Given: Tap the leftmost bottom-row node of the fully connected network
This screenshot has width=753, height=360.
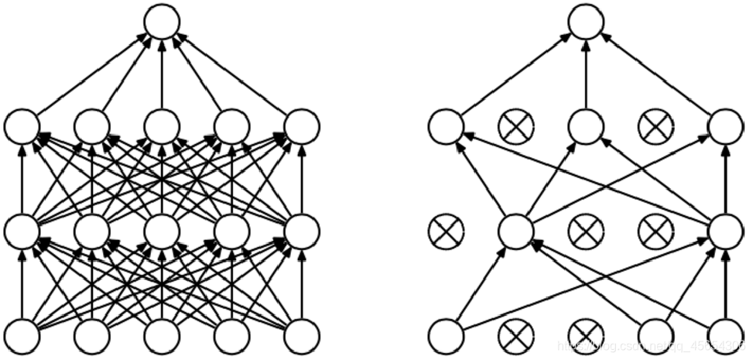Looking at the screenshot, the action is pos(22,335).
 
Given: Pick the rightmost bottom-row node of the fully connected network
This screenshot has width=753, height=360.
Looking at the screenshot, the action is pos(302,335).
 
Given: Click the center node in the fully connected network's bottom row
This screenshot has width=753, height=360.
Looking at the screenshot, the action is pos(162,335).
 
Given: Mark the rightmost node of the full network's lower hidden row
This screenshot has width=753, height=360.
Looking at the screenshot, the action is pos(302,230).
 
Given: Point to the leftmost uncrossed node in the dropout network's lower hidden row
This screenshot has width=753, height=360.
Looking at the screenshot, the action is pos(515,230).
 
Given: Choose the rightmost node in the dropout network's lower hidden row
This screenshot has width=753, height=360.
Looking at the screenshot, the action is pos(725,230).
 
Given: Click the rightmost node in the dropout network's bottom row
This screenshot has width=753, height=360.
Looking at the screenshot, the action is pos(725,335).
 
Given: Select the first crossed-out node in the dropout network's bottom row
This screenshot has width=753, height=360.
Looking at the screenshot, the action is pos(515,335).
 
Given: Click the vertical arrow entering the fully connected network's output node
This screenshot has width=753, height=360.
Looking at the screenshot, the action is pos(162,74).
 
